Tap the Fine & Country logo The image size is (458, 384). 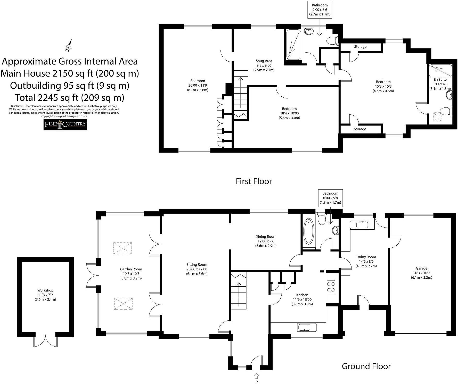coord(65,124)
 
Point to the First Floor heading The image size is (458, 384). coord(254,181)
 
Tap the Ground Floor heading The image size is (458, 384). coord(366,366)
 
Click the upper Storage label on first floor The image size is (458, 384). coord(360,47)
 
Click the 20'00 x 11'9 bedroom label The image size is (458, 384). coord(198,85)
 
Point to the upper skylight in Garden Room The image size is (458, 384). coord(123,248)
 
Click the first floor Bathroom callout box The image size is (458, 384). coord(320,10)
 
